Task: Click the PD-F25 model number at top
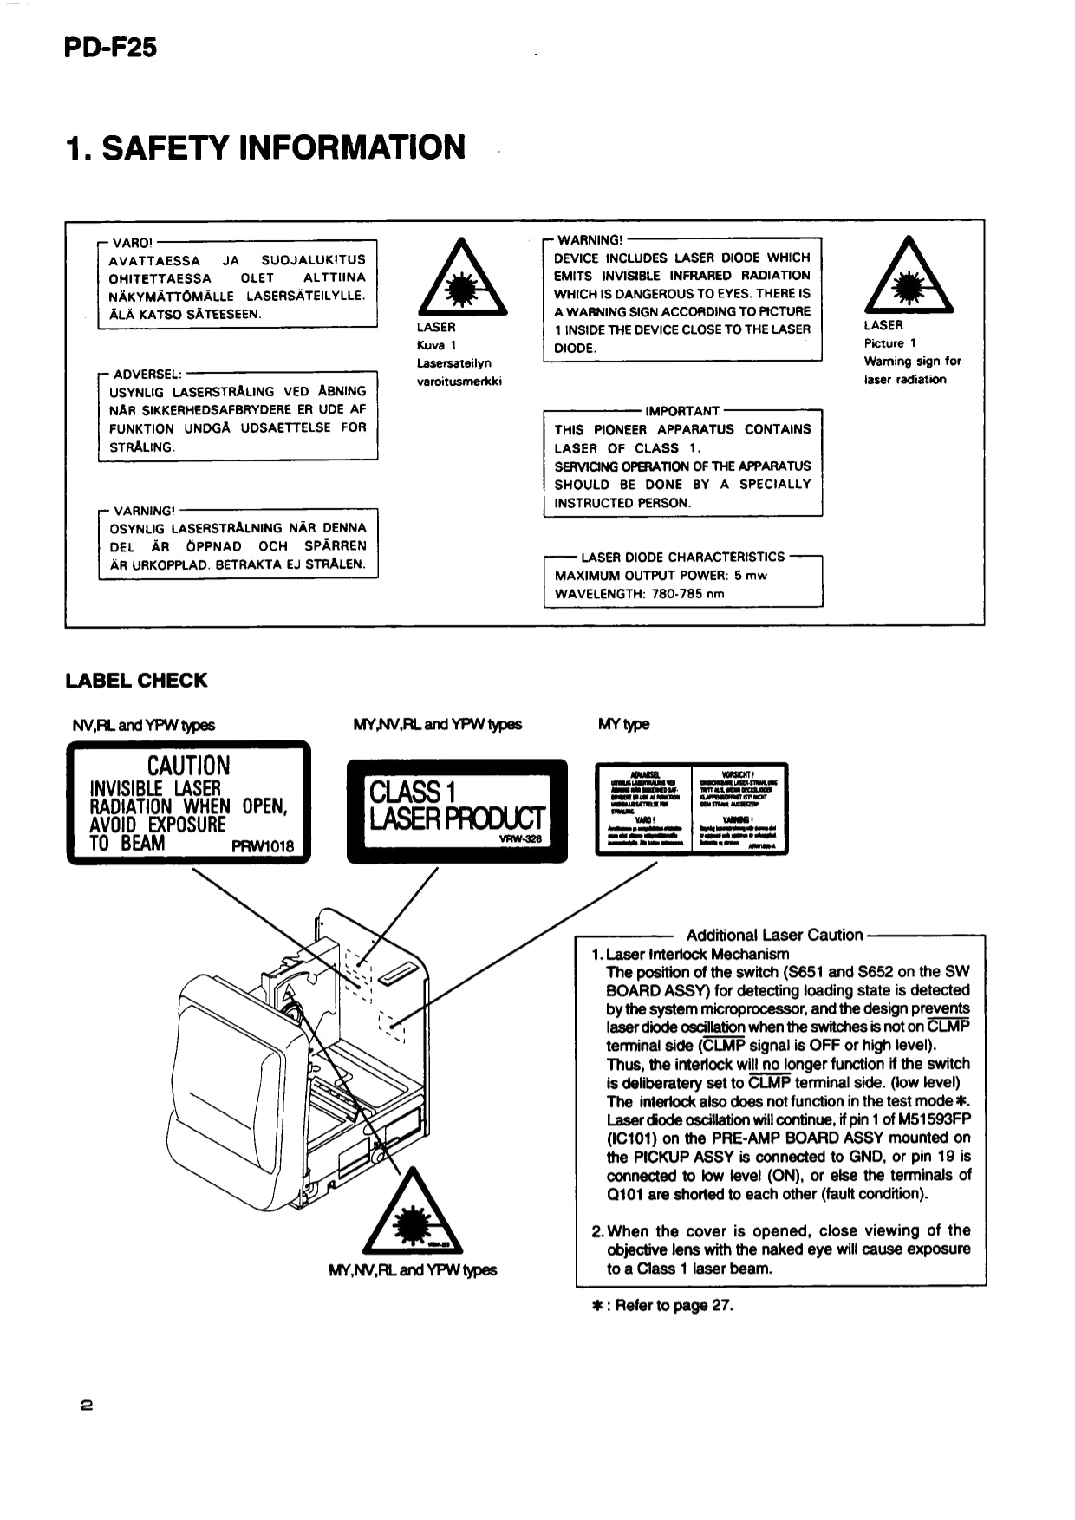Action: pos(110,47)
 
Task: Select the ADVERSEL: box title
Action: pos(147,375)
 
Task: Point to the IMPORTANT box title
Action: pos(682,411)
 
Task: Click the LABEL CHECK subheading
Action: pos(136,681)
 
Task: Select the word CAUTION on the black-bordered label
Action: pos(189,766)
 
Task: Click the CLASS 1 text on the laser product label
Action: pos(412,792)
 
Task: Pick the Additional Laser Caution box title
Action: pos(774,935)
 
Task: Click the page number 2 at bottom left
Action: pos(87,1406)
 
